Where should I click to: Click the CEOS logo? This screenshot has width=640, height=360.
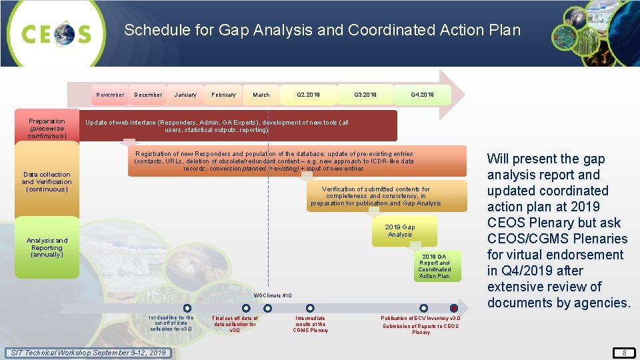tap(57, 33)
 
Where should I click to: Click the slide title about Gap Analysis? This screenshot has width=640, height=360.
tap(322, 30)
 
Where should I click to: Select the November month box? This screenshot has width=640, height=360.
tap(110, 95)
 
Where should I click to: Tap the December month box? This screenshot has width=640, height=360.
tap(148, 95)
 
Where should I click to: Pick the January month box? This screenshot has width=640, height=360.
tap(185, 95)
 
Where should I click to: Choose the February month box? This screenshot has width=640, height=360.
tap(223, 95)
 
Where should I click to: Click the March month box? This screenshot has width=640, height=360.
tap(261, 95)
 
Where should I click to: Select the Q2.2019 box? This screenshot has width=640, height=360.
tap(308, 95)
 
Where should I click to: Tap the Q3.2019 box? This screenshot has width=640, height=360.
tap(365, 95)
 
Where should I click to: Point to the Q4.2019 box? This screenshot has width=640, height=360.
tap(423, 95)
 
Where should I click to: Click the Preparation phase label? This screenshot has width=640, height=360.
tap(47, 129)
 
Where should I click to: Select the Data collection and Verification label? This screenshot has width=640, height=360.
tap(47, 182)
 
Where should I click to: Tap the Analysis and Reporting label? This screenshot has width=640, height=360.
tap(47, 247)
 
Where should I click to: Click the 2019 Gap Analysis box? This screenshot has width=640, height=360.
tap(400, 231)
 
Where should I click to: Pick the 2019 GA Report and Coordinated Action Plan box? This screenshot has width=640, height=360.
tap(435, 266)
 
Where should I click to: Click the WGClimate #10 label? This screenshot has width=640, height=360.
tap(273, 295)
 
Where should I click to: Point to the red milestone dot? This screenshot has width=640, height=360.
tap(454, 308)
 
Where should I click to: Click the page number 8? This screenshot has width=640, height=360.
tap(624, 353)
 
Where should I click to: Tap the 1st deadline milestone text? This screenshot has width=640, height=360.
tap(171, 323)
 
